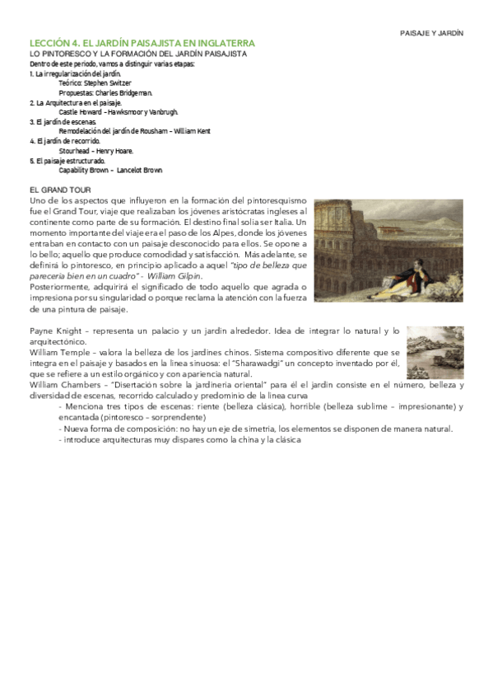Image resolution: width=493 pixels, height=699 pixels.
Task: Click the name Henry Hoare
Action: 116,151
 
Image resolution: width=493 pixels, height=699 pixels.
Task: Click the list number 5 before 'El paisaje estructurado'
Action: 30,160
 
